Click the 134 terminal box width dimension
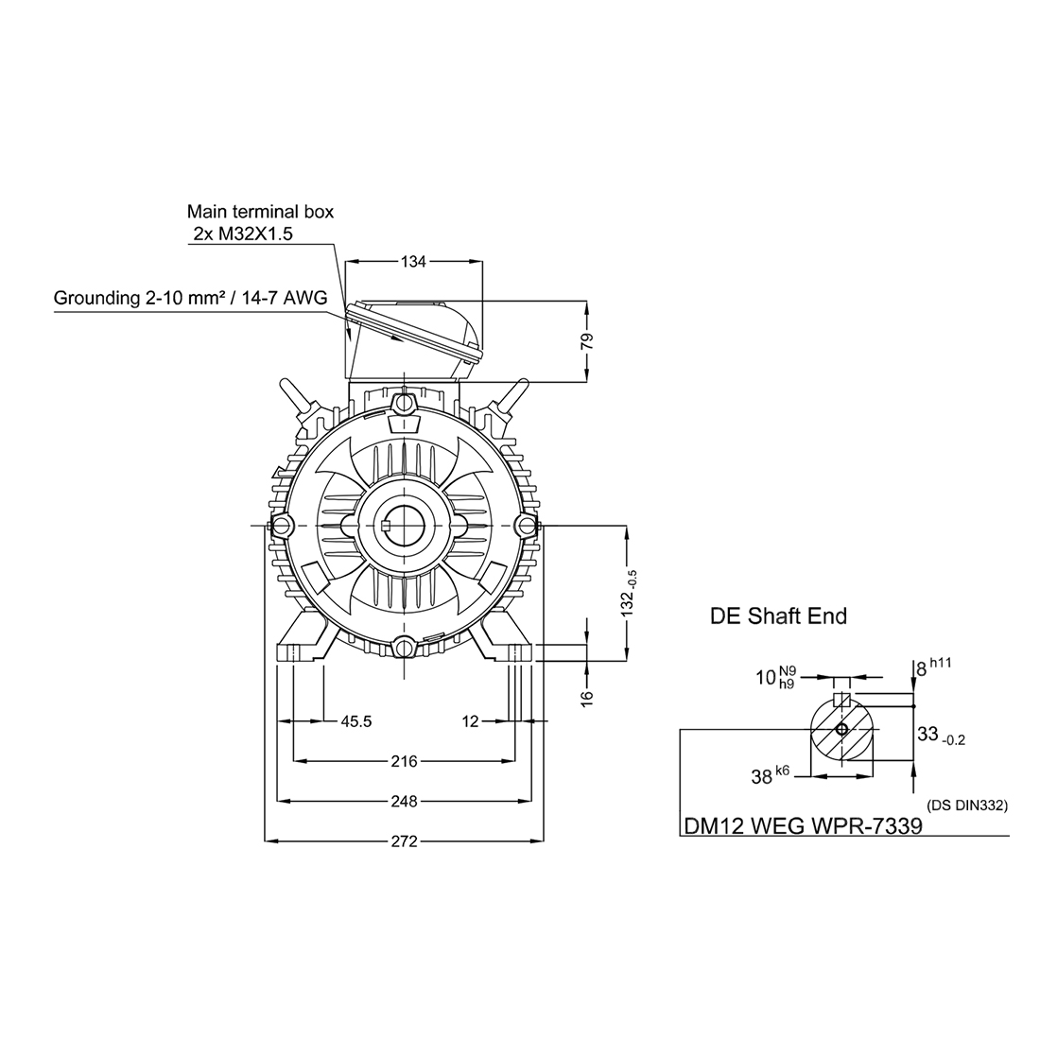414,262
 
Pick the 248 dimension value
405,801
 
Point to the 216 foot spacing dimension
405,760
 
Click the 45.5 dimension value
355,721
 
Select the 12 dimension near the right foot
471,721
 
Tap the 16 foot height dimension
586,696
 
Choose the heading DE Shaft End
778,616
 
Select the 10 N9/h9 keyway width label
774,678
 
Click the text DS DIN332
968,806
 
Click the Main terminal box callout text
260,212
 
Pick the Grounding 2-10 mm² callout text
190,299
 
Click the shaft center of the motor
404,525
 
